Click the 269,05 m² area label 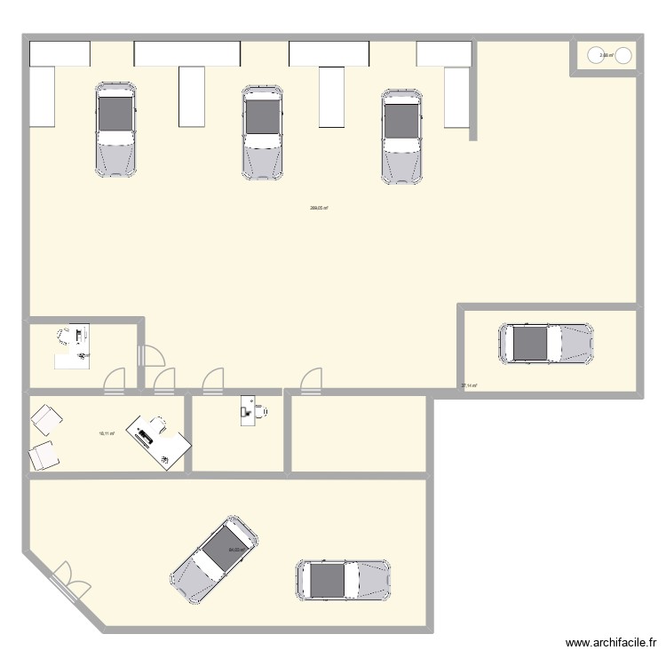pyautogui.click(x=320, y=209)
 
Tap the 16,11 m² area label pyautogui.click(x=107, y=432)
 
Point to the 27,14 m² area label pyautogui.click(x=469, y=385)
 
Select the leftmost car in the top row pyautogui.click(x=116, y=128)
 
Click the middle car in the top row pyautogui.click(x=262, y=132)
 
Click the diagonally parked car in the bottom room pyautogui.click(x=214, y=559)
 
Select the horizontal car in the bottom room pyautogui.click(x=344, y=582)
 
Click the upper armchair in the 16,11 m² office pyautogui.click(x=45, y=418)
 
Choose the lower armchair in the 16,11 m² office pyautogui.click(x=44, y=456)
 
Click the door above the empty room pyautogui.click(x=310, y=381)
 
